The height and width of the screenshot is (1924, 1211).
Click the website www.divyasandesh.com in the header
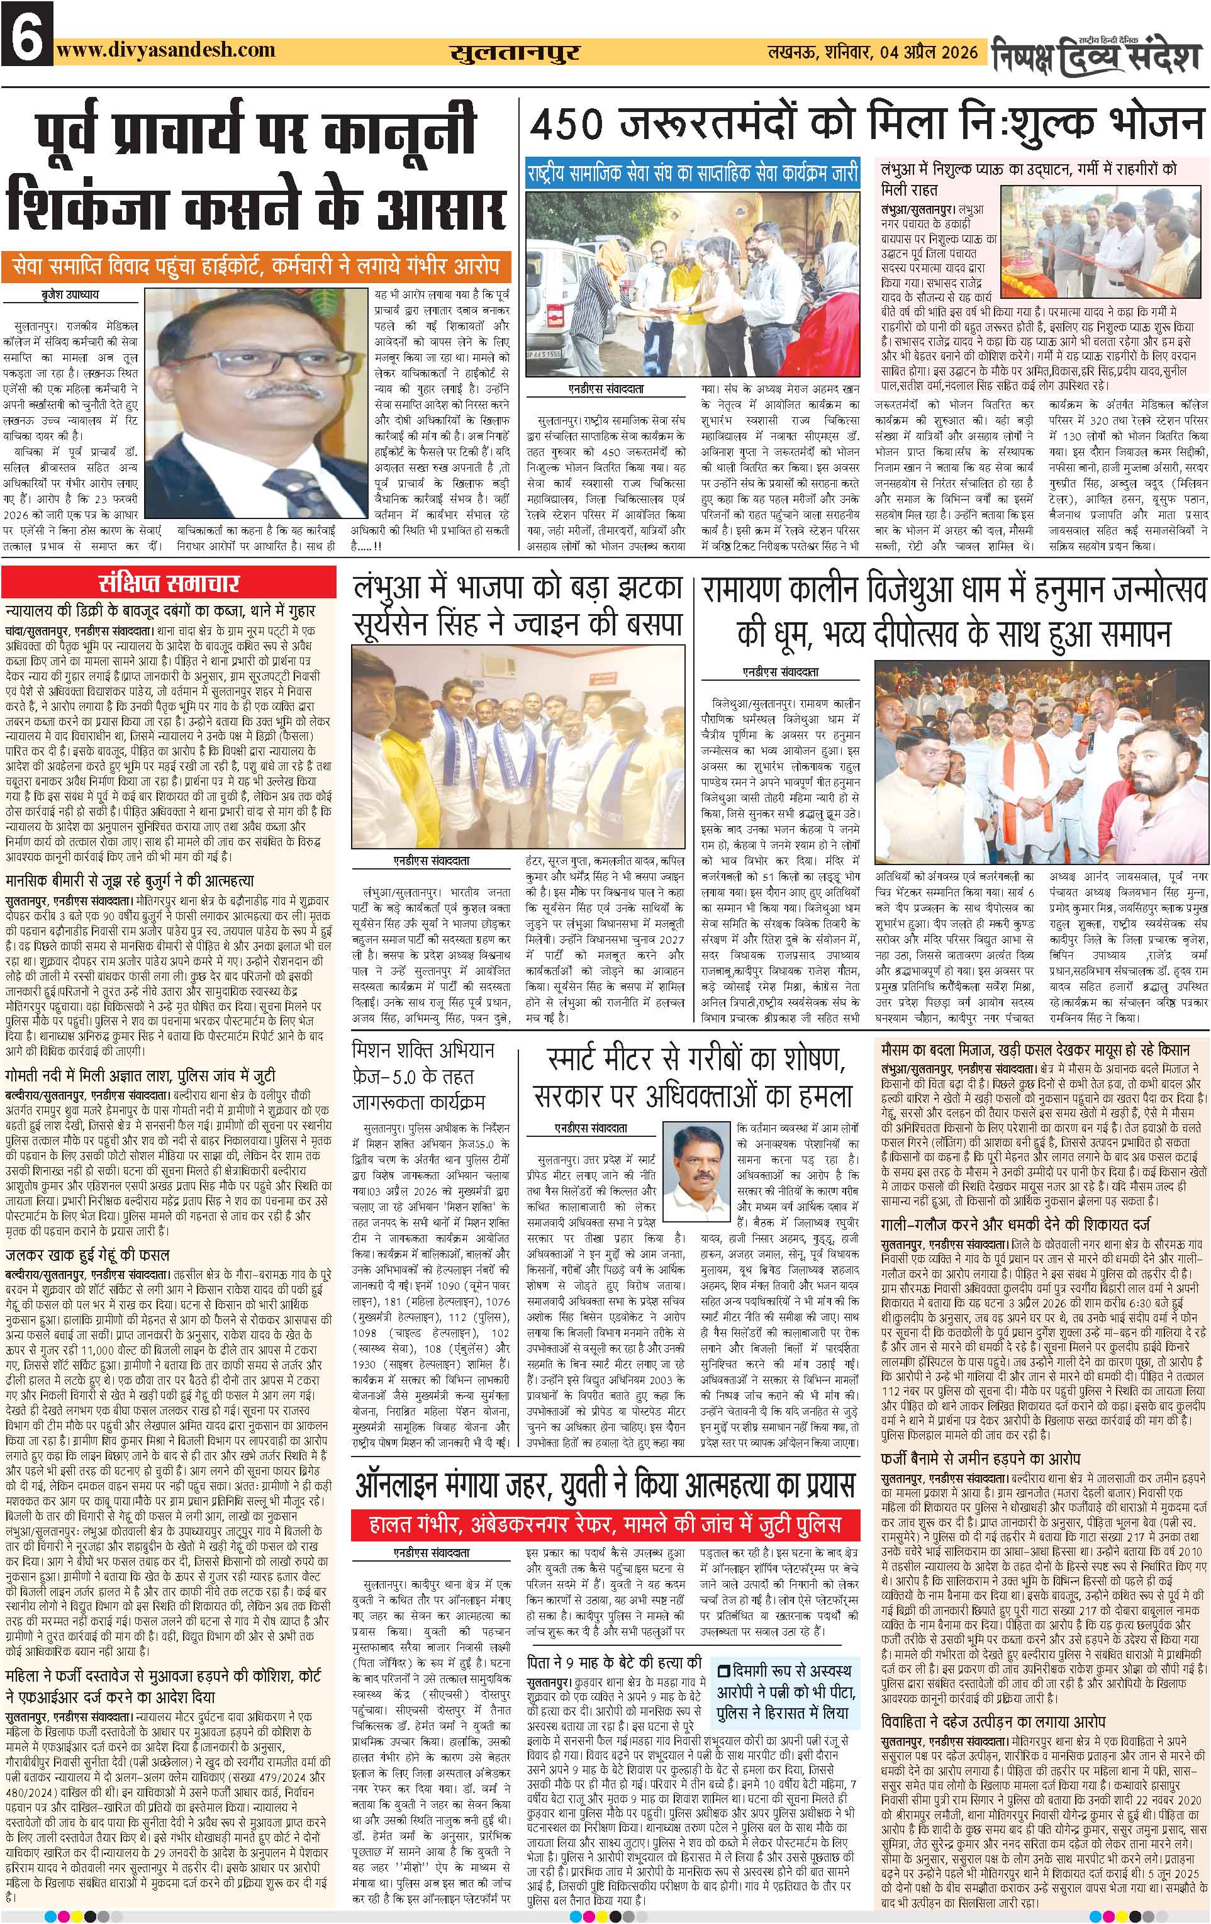(167, 50)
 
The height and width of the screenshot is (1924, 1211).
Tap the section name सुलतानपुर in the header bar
(515, 53)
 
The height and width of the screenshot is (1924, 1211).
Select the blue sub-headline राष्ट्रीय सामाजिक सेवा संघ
(692, 172)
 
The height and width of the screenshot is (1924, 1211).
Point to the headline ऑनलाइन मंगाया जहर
(605, 1487)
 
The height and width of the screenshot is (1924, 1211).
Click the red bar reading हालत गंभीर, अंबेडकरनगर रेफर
(605, 1524)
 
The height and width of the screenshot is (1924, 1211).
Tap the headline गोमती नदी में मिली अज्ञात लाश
(140, 1077)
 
